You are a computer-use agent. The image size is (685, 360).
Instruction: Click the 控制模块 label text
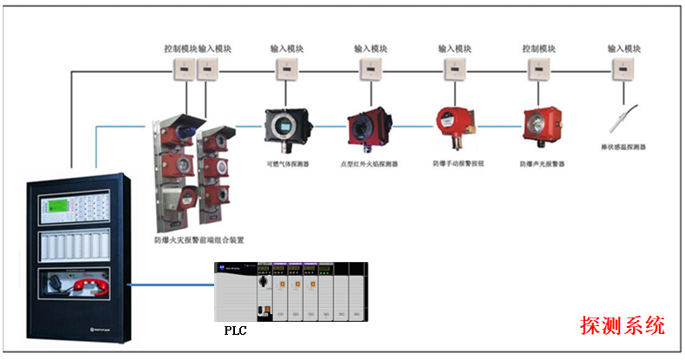[x=180, y=49]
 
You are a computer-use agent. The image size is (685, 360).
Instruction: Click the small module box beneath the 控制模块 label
[x=184, y=69]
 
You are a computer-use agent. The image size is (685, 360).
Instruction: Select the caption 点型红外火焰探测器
[x=369, y=163]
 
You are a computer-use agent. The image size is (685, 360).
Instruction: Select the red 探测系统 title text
[x=622, y=326]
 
